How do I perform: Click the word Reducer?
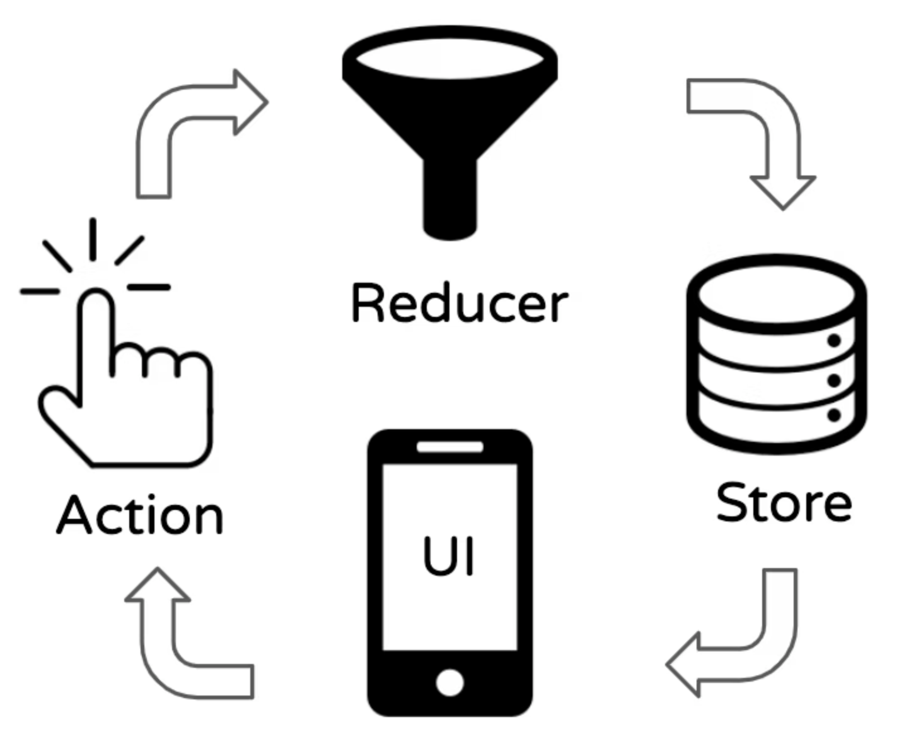(459, 303)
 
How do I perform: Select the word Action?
(140, 515)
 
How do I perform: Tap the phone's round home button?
(449, 682)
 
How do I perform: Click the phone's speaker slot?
(449, 447)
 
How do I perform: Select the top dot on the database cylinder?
(834, 341)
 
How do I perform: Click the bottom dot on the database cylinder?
(834, 415)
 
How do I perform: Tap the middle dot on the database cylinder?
(834, 380)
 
